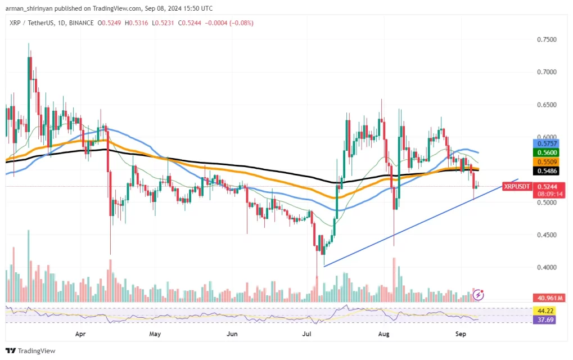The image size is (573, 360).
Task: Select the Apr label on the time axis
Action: (x=81, y=333)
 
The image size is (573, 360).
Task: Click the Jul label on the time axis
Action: (x=307, y=333)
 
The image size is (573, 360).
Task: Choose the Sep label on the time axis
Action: (x=460, y=333)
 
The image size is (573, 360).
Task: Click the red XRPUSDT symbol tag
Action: (x=516, y=186)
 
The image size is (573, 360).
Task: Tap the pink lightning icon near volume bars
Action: (x=479, y=294)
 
